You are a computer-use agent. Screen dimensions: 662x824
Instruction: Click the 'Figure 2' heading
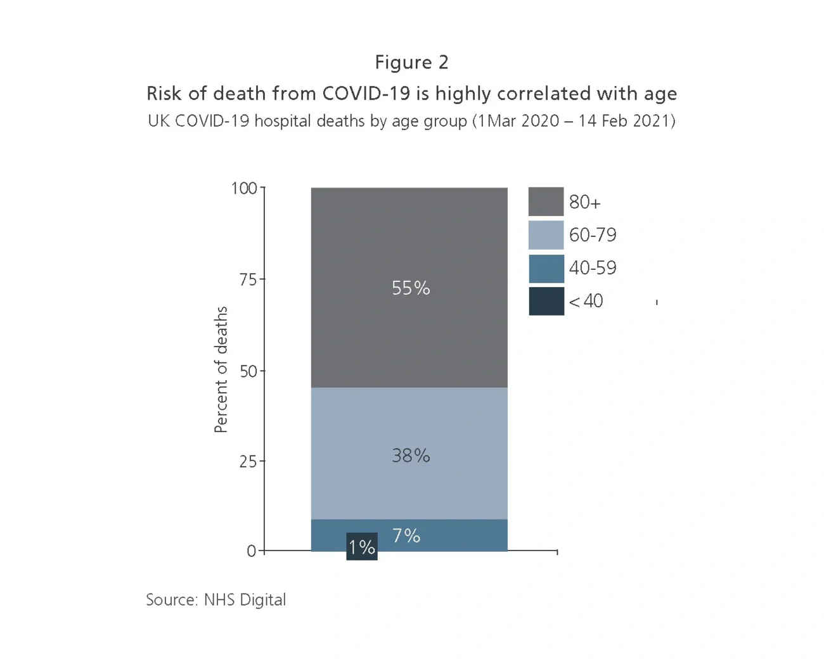411,62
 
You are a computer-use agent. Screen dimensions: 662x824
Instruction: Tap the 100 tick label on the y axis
244,188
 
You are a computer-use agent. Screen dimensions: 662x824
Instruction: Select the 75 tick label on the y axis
248,279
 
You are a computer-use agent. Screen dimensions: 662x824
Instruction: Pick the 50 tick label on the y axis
248,371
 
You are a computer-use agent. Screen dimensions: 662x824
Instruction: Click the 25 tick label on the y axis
248,462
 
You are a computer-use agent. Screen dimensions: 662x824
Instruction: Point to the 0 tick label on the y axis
252,551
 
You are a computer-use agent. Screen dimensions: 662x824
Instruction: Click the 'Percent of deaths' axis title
221,369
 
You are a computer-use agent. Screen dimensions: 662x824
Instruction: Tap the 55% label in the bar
411,288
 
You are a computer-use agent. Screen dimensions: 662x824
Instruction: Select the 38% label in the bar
411,455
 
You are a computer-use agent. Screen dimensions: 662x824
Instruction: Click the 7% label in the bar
406,536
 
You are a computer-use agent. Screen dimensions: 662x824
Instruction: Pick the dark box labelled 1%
362,547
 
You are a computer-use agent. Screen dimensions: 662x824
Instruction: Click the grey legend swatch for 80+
546,201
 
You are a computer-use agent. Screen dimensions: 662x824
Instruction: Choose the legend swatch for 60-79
546,235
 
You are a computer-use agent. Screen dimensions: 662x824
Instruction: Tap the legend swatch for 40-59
546,268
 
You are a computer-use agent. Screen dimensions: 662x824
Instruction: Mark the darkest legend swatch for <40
546,301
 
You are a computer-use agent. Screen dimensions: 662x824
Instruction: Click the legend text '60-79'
592,235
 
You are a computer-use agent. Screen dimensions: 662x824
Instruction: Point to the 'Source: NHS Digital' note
216,600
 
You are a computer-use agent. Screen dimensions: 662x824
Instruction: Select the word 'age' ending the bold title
660,94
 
